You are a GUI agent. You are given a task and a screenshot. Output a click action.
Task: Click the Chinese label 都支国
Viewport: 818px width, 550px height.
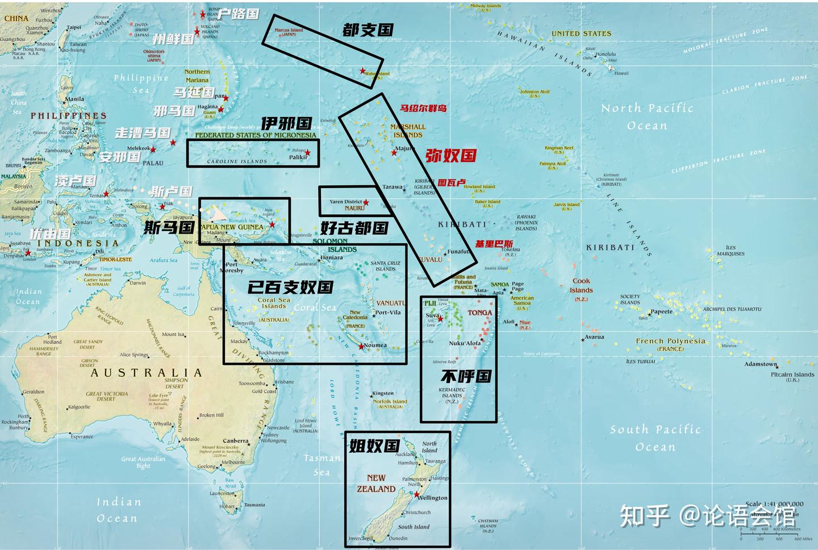(x=368, y=30)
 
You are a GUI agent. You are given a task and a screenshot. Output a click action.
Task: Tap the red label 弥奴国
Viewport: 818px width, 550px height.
(x=450, y=156)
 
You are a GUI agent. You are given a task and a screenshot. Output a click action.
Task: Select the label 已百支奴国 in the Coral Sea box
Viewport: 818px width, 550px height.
(x=290, y=287)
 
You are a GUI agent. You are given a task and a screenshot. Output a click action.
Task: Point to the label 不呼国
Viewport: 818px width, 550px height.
(x=466, y=376)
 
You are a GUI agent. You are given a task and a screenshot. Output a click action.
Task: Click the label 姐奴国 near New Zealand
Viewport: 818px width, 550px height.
(x=374, y=446)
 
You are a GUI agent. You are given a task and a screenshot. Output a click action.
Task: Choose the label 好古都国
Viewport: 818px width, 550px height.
(x=354, y=228)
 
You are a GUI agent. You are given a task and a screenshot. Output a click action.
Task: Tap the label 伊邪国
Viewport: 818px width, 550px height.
(x=286, y=123)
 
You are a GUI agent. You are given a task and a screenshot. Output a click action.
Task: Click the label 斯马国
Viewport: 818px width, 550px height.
(x=169, y=227)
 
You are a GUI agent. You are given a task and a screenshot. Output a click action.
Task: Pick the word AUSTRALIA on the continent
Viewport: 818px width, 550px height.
(x=146, y=373)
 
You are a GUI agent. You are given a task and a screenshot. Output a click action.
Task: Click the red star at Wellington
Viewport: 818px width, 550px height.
(x=416, y=495)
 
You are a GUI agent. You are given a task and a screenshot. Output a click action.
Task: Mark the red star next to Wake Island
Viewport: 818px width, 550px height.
(x=362, y=71)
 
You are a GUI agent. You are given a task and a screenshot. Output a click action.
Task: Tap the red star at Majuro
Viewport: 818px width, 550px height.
(x=394, y=152)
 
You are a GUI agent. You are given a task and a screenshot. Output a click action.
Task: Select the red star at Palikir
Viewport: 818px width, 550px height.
(x=308, y=153)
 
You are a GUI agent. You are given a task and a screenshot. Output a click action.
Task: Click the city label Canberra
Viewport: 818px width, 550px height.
(x=235, y=441)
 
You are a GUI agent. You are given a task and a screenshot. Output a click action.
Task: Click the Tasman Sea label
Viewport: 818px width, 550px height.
(x=322, y=464)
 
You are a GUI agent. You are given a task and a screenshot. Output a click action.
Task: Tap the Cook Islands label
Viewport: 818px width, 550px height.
(x=582, y=285)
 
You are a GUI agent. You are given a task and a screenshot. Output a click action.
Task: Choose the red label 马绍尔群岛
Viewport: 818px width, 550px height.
(x=423, y=108)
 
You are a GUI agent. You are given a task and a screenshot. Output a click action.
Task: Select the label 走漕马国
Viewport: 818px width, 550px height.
(x=143, y=133)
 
